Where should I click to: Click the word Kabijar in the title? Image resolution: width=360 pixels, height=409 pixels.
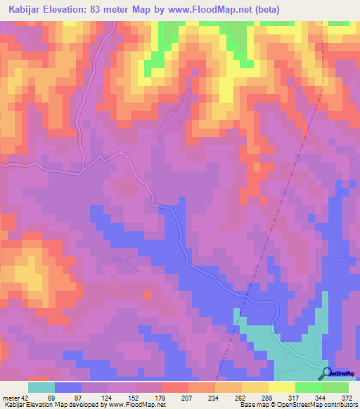(22, 10)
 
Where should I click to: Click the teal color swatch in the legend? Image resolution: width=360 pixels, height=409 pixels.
(41, 387)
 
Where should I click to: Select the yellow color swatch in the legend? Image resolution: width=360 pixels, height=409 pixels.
(281, 387)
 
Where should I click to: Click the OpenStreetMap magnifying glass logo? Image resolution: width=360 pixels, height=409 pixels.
(327, 373)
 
